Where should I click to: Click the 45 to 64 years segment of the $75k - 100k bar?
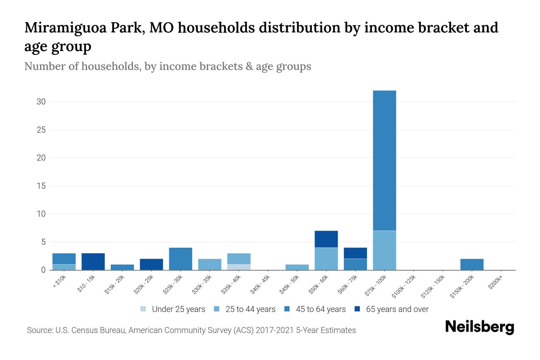pos(384,160)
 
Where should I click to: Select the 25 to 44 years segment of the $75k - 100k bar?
pos(384,250)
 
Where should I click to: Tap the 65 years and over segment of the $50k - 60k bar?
pos(326,239)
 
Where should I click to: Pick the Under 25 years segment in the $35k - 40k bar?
pos(239,267)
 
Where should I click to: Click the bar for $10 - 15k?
pos(93,262)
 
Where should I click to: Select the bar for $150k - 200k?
pos(472,264)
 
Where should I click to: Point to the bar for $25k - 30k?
pos(181,259)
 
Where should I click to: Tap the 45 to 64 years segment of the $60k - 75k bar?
pos(355,264)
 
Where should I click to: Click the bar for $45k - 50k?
pos(297,267)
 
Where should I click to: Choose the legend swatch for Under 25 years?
pos(143,309)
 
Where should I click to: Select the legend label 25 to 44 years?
pos(250,309)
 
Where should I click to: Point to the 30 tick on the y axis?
pos(41,102)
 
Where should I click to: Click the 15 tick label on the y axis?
pos(41,186)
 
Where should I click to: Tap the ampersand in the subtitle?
pos(249,66)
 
